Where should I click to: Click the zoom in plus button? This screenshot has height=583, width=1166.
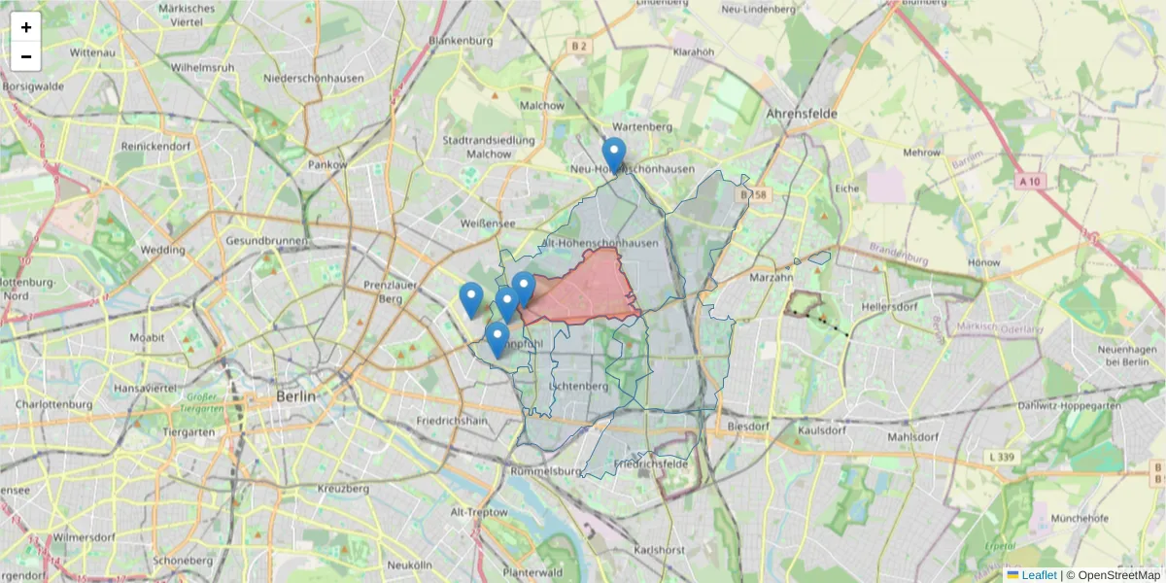point(26,27)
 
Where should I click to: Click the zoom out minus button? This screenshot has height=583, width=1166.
point(26,56)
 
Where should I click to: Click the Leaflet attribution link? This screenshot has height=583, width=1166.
point(1038,575)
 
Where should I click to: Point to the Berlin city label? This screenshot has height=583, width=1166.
point(295,396)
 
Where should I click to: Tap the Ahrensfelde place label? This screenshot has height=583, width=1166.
point(802,114)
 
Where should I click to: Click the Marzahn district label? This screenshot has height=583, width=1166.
point(772,278)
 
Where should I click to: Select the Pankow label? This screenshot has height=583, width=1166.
point(327,165)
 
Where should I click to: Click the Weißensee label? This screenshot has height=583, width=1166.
point(487,223)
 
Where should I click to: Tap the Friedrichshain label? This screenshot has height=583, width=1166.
point(451,422)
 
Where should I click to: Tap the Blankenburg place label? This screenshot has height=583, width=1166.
point(461,42)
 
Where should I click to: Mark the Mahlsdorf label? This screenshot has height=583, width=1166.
point(914,436)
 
